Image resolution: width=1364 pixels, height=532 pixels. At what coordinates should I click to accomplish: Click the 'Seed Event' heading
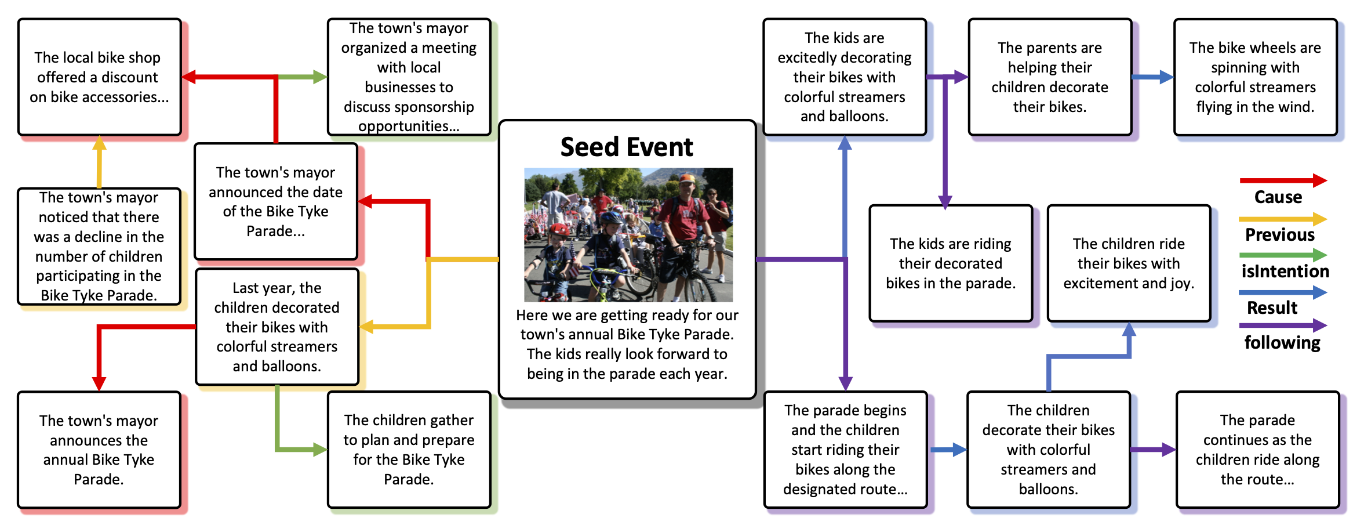tap(626, 147)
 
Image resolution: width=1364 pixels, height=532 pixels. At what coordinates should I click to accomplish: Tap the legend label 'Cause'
tap(1278, 197)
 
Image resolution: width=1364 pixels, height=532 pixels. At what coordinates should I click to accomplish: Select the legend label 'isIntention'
tap(1285, 271)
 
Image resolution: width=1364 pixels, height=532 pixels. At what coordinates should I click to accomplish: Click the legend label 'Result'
tap(1272, 307)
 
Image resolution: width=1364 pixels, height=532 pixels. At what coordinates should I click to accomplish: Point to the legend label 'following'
tap(1282, 343)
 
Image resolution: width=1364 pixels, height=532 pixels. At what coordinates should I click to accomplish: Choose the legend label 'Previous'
tap(1279, 234)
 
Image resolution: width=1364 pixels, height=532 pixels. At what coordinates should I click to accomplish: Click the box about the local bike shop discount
tap(99, 77)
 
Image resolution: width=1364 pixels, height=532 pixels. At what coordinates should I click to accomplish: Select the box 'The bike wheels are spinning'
tap(1255, 77)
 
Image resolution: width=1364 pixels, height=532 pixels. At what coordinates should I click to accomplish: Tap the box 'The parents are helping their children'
tap(1049, 77)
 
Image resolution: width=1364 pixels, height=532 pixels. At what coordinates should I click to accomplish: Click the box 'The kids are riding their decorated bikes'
tap(950, 263)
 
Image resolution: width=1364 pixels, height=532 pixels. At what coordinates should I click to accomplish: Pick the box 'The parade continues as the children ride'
tap(1257, 450)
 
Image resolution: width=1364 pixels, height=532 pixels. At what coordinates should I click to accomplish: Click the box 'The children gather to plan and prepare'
tap(409, 450)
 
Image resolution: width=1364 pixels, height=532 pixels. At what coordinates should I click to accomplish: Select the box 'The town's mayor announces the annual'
tap(99, 450)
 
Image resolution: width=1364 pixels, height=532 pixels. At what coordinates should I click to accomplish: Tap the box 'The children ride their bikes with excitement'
tap(1128, 263)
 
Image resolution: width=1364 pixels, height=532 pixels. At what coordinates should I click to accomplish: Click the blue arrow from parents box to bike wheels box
tap(1152, 77)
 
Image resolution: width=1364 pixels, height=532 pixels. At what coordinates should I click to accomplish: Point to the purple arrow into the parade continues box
tap(1152, 450)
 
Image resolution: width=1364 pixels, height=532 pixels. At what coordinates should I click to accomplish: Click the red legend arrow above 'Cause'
tap(1282, 180)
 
